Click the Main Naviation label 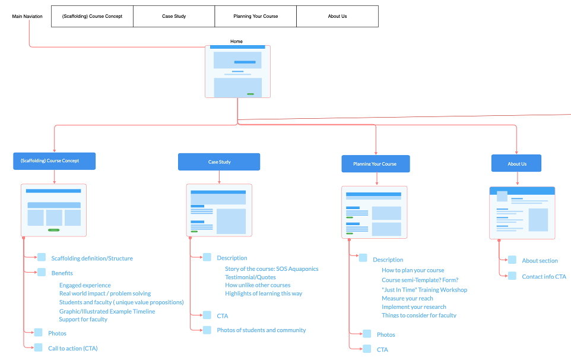(27, 17)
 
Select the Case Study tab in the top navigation (174, 17)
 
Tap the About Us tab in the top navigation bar (337, 17)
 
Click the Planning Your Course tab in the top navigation (255, 17)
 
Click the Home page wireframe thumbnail (237, 71)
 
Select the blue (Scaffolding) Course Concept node (54, 161)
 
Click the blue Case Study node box (219, 162)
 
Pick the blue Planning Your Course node (375, 164)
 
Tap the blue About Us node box (516, 163)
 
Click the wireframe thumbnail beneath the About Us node (522, 213)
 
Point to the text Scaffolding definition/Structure (92, 258)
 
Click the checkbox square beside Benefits (42, 273)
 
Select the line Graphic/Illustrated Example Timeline (107, 311)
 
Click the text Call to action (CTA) (73, 348)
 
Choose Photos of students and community (261, 330)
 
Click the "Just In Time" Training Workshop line (424, 290)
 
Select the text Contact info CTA (544, 276)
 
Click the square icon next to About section (512, 260)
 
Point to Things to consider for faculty (418, 315)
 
